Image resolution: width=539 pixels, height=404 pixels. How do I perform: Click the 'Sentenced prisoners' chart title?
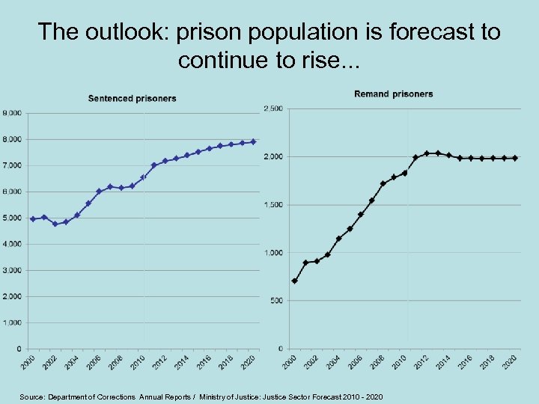(x=133, y=98)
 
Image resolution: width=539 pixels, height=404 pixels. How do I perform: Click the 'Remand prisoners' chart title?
(x=393, y=94)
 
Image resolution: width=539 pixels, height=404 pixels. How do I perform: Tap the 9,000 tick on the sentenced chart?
(x=12, y=113)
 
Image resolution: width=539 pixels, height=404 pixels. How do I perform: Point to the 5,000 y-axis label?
(x=12, y=218)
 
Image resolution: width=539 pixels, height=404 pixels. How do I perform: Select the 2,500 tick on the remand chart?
(x=272, y=109)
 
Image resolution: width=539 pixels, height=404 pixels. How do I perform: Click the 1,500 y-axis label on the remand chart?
(x=272, y=205)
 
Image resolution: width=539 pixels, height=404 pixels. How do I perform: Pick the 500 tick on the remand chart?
(x=275, y=301)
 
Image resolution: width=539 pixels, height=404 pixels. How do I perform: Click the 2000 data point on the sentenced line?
(x=33, y=219)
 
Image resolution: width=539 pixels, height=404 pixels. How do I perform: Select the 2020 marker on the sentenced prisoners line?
(x=253, y=141)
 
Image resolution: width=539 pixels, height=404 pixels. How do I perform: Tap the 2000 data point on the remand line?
(x=294, y=281)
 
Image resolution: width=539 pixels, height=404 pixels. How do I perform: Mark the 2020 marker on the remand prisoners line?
(x=515, y=158)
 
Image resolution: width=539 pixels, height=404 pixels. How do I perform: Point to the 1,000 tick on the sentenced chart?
(x=12, y=322)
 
